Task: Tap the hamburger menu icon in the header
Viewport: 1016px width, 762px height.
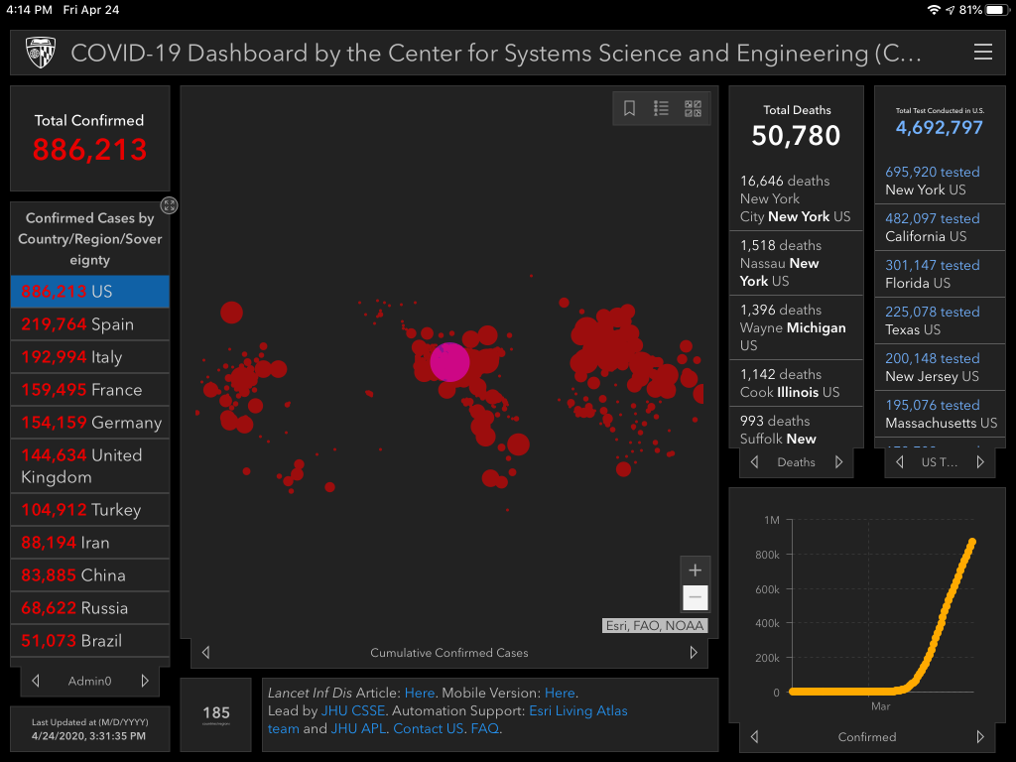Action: pyautogui.click(x=982, y=53)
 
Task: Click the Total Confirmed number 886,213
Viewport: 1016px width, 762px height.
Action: pyautogui.click(x=89, y=150)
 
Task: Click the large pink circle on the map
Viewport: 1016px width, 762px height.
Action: pyautogui.click(x=449, y=362)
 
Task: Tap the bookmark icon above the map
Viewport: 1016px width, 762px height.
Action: pyautogui.click(x=629, y=108)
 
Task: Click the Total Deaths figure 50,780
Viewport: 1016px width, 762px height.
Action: pyautogui.click(x=796, y=136)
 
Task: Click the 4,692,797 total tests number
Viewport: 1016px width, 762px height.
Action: pyautogui.click(x=939, y=128)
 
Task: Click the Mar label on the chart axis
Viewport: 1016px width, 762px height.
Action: pyautogui.click(x=880, y=706)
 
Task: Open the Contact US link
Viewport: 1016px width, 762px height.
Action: pyautogui.click(x=428, y=728)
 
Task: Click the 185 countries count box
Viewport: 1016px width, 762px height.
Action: pyautogui.click(x=216, y=713)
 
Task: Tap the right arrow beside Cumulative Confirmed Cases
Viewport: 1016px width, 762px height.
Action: pyautogui.click(x=694, y=653)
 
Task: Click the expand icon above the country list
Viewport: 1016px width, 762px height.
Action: pyautogui.click(x=170, y=205)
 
